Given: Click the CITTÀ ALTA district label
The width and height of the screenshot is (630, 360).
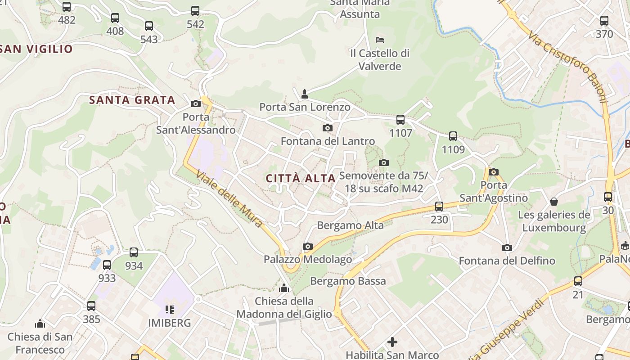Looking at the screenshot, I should [x=301, y=178].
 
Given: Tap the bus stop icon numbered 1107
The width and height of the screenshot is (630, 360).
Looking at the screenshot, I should [x=400, y=120].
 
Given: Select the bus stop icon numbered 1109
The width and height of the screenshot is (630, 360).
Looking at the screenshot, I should [x=453, y=136].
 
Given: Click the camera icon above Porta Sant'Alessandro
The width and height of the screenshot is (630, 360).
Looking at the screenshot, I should [x=195, y=104].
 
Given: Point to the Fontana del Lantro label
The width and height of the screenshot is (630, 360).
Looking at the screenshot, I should [x=328, y=141].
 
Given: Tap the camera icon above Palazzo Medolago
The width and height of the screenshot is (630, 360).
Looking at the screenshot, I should [x=308, y=246].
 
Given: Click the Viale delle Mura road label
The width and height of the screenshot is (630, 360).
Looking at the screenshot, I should [x=229, y=198].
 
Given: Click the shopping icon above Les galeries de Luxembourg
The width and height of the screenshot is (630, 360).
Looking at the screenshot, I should [x=554, y=202].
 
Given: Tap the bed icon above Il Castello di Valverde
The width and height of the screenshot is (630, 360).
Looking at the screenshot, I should [x=380, y=40].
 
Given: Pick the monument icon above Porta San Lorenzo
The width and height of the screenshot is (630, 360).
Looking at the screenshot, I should [x=305, y=94].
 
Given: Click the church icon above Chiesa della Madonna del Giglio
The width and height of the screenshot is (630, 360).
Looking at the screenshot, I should [x=284, y=288].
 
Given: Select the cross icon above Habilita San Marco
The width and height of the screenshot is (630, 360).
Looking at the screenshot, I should [x=392, y=342].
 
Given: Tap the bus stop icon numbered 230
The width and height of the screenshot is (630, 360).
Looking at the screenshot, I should [x=439, y=207].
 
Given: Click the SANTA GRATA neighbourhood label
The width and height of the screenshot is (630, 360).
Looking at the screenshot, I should [x=132, y=100].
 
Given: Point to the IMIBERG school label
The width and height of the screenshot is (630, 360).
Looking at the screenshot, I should [x=170, y=323].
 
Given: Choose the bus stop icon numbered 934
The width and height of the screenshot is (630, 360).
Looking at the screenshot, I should [x=134, y=252].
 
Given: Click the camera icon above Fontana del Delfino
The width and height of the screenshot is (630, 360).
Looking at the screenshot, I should [x=507, y=247].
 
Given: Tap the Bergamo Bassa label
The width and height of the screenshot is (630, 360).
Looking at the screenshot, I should [x=348, y=281].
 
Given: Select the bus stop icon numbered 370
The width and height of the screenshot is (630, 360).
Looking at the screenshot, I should [x=604, y=21].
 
